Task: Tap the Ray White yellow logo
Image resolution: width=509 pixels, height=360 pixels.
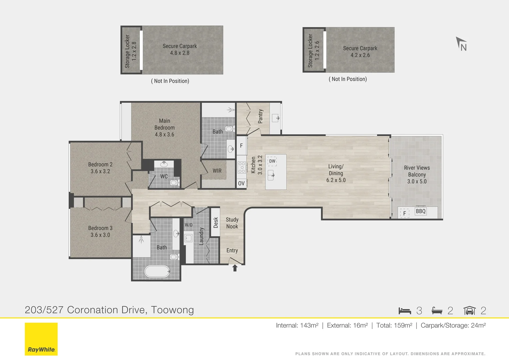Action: coord(41,339)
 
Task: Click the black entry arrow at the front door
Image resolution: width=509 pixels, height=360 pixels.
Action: coord(235,268)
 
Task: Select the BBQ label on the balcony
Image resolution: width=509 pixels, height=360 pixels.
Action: coord(421,211)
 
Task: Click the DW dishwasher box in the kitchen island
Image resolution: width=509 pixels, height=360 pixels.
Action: coord(272,161)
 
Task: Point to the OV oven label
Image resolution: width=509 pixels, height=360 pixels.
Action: coord(242,183)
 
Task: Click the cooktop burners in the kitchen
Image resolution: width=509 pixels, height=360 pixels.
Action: coord(242,167)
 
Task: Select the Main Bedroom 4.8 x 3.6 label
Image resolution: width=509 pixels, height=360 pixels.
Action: coord(164,128)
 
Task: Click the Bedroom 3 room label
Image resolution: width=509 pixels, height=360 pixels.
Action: coord(100,231)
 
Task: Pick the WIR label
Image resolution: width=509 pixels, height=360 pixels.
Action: coord(217,171)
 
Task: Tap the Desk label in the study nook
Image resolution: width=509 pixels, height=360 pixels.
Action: coord(216,222)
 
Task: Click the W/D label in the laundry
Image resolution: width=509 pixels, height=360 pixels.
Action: coord(189,225)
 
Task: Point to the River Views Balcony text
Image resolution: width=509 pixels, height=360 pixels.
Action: coord(417,171)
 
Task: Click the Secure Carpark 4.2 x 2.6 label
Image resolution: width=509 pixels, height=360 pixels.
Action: coord(360,52)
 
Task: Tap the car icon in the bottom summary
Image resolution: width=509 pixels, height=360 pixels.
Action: coord(469,311)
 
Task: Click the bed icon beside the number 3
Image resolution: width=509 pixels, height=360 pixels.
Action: coord(405,311)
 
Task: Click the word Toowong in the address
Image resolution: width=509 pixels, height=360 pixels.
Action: coord(172,310)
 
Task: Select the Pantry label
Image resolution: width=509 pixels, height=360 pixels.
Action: coord(261,116)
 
